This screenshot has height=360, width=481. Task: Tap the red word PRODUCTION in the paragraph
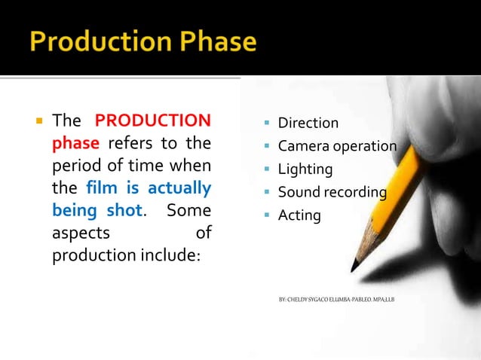coord(152,121)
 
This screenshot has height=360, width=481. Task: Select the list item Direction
coord(308,123)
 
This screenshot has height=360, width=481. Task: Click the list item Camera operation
coord(337,146)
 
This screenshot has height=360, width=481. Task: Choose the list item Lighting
coord(305,169)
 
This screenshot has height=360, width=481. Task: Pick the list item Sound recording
coord(332,192)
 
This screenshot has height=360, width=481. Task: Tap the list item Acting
coord(299,215)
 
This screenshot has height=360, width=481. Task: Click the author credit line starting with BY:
coord(336,300)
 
